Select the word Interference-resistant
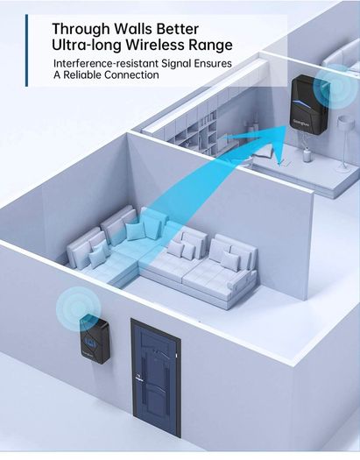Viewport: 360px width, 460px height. click(x=105, y=63)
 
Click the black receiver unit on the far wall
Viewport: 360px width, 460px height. click(x=308, y=102)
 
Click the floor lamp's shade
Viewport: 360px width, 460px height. click(x=344, y=122)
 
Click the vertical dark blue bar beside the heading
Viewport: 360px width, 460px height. click(x=26, y=50)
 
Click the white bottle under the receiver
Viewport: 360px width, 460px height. click(x=307, y=155)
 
